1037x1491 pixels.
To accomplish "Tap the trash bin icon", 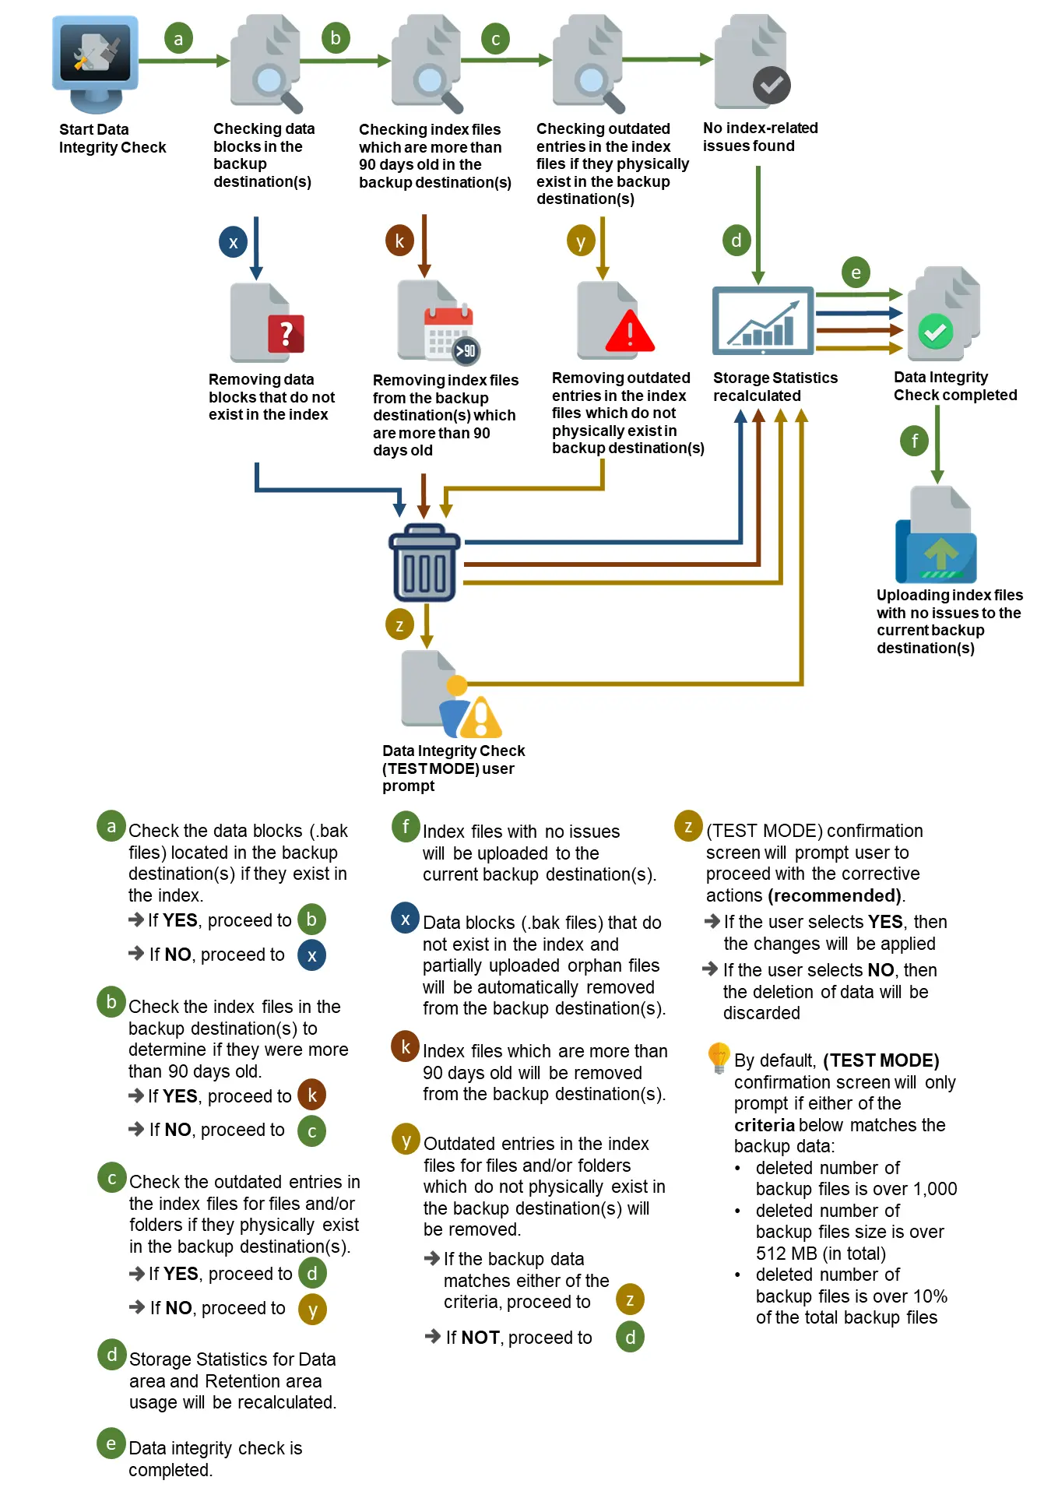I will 424,562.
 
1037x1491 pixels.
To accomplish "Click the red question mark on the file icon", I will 286,334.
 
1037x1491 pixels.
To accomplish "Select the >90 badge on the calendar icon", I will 466,350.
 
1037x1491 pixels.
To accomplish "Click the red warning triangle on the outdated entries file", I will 629,331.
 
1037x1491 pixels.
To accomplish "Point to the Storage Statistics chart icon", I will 763,321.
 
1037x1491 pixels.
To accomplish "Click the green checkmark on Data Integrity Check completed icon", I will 935,332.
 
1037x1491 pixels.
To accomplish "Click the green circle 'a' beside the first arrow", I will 178,38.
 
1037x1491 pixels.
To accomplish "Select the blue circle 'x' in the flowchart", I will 233,242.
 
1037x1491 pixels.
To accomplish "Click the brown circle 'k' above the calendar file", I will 399,241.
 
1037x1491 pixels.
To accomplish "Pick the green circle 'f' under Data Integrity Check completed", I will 915,441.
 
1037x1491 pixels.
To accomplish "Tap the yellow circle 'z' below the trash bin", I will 399,624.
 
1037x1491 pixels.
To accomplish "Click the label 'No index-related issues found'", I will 759,137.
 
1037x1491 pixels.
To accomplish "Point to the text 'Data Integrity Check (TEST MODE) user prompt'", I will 453,768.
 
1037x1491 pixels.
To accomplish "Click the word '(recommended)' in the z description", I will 835,895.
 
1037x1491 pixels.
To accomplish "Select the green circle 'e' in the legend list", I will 111,1444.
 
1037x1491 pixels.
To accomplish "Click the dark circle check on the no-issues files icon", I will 771,86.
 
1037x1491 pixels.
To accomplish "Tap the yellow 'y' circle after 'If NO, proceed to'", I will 312,1309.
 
